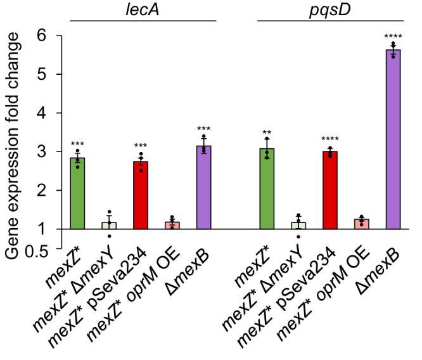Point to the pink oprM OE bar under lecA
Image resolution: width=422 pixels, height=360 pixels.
tap(172, 225)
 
